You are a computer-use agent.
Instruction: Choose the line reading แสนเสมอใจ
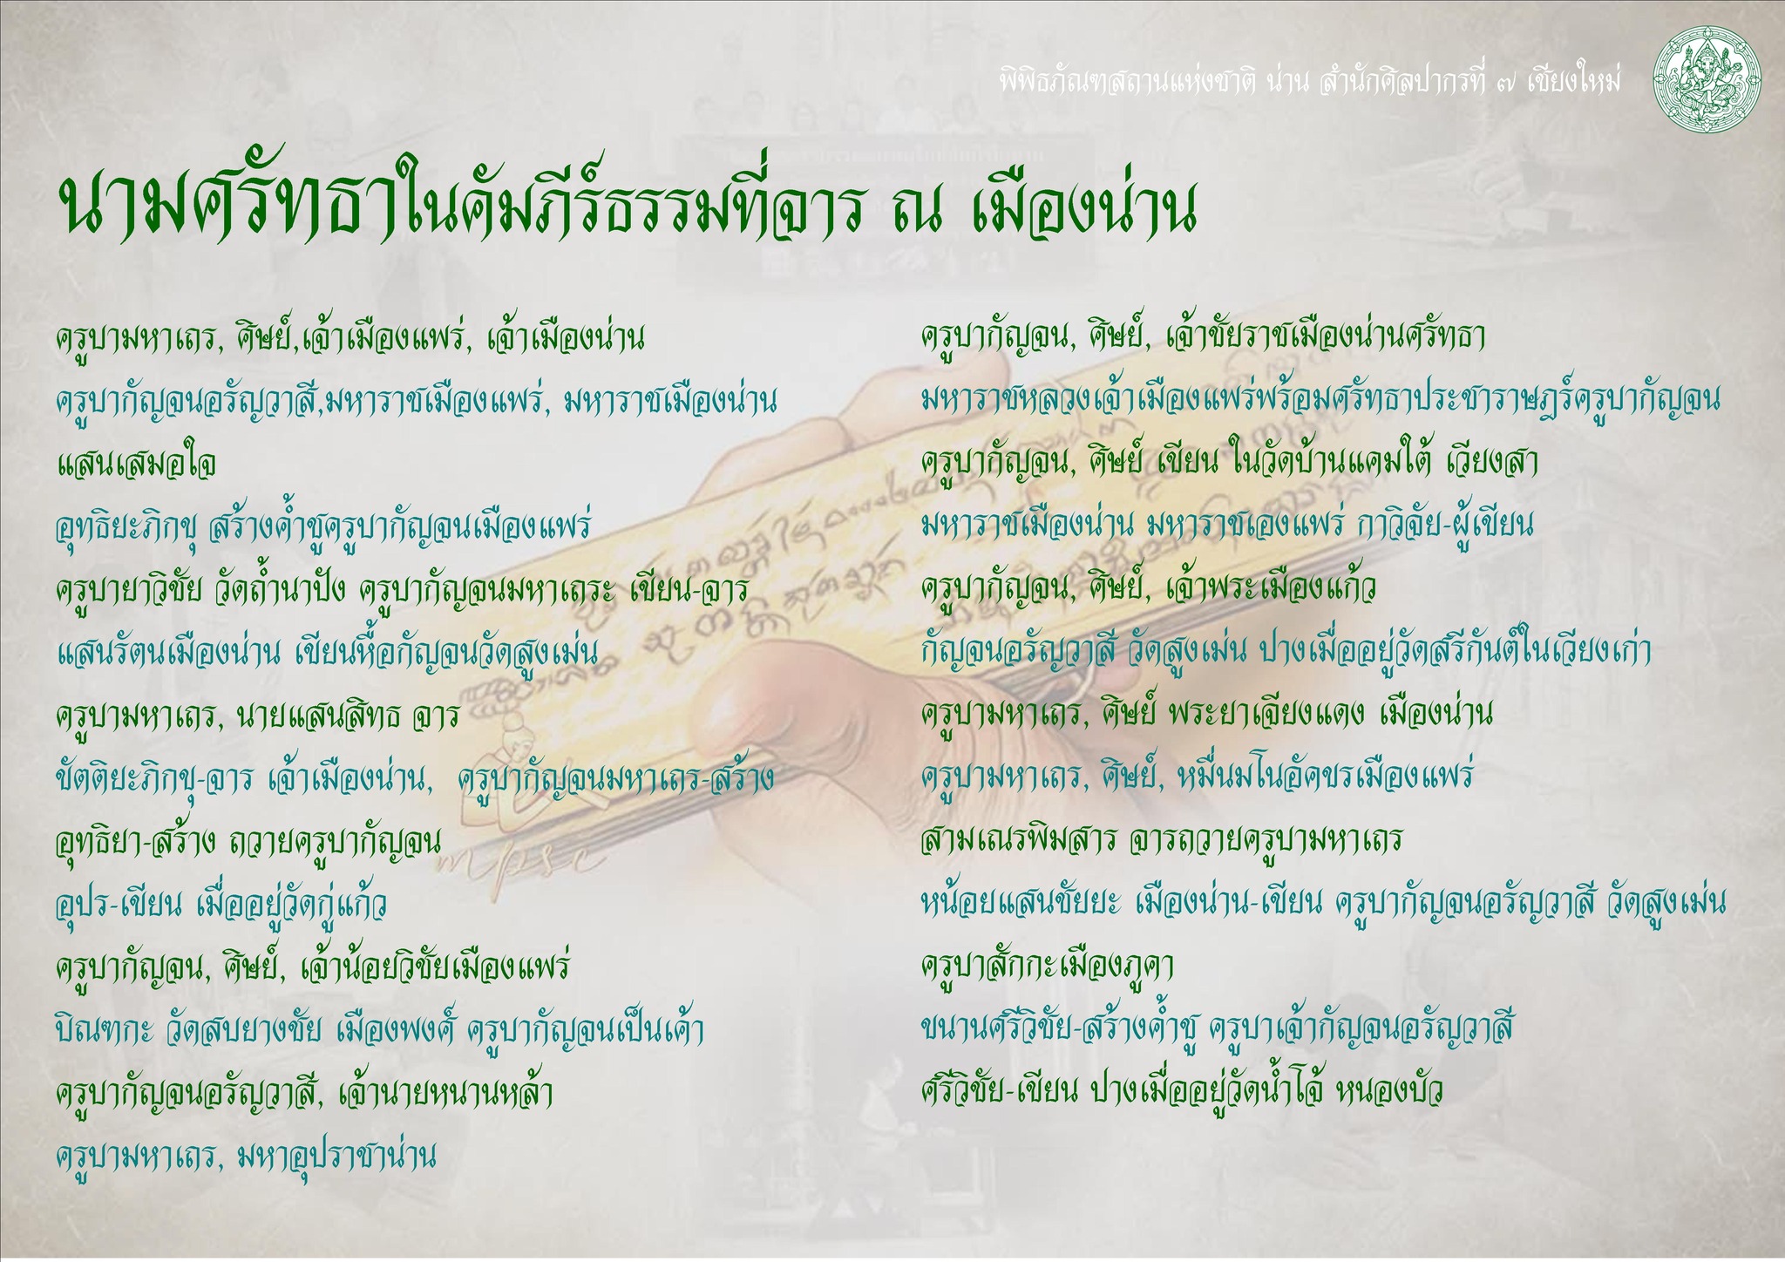[136, 463]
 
